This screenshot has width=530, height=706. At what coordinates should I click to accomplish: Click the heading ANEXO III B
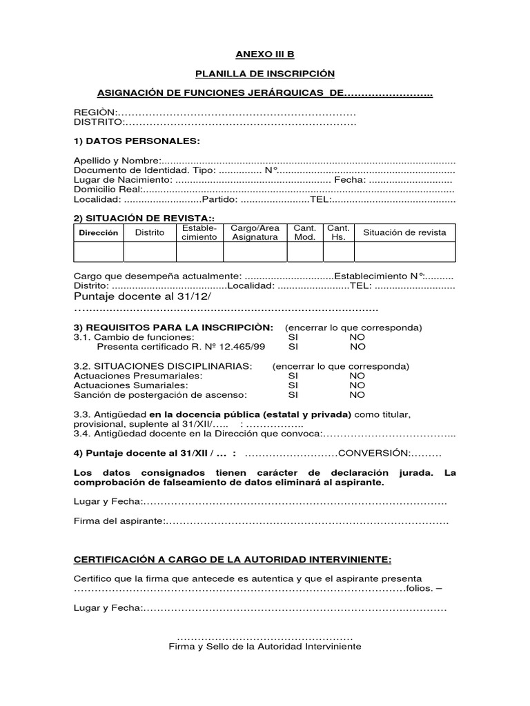(264, 54)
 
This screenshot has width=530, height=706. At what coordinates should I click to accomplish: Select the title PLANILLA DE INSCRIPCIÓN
(264, 74)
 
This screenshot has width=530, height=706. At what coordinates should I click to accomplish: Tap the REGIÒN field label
(96, 112)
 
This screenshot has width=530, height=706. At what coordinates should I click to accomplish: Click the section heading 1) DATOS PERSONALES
(137, 141)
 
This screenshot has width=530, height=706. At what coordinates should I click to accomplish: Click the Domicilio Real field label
(107, 189)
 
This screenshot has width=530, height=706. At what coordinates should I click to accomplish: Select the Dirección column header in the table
(99, 233)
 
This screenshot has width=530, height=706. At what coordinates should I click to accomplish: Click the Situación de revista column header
(404, 232)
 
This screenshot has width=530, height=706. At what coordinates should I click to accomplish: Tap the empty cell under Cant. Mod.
(305, 252)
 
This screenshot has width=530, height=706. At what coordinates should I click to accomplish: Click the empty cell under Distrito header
(150, 252)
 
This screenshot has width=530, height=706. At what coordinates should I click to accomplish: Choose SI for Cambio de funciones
(293, 337)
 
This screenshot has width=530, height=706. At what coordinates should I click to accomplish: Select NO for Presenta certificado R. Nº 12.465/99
(357, 347)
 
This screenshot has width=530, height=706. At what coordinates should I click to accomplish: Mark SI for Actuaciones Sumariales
(293, 385)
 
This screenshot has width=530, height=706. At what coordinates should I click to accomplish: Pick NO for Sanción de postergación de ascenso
(357, 395)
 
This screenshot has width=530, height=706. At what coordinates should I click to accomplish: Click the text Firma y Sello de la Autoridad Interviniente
(265, 647)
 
